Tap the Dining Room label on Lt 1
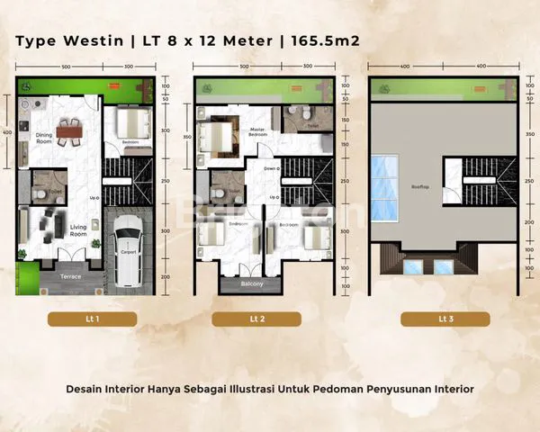[44, 136]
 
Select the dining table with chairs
[68, 131]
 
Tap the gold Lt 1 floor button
[91, 319]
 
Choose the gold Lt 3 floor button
[445, 319]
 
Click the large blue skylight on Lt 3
[384, 188]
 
